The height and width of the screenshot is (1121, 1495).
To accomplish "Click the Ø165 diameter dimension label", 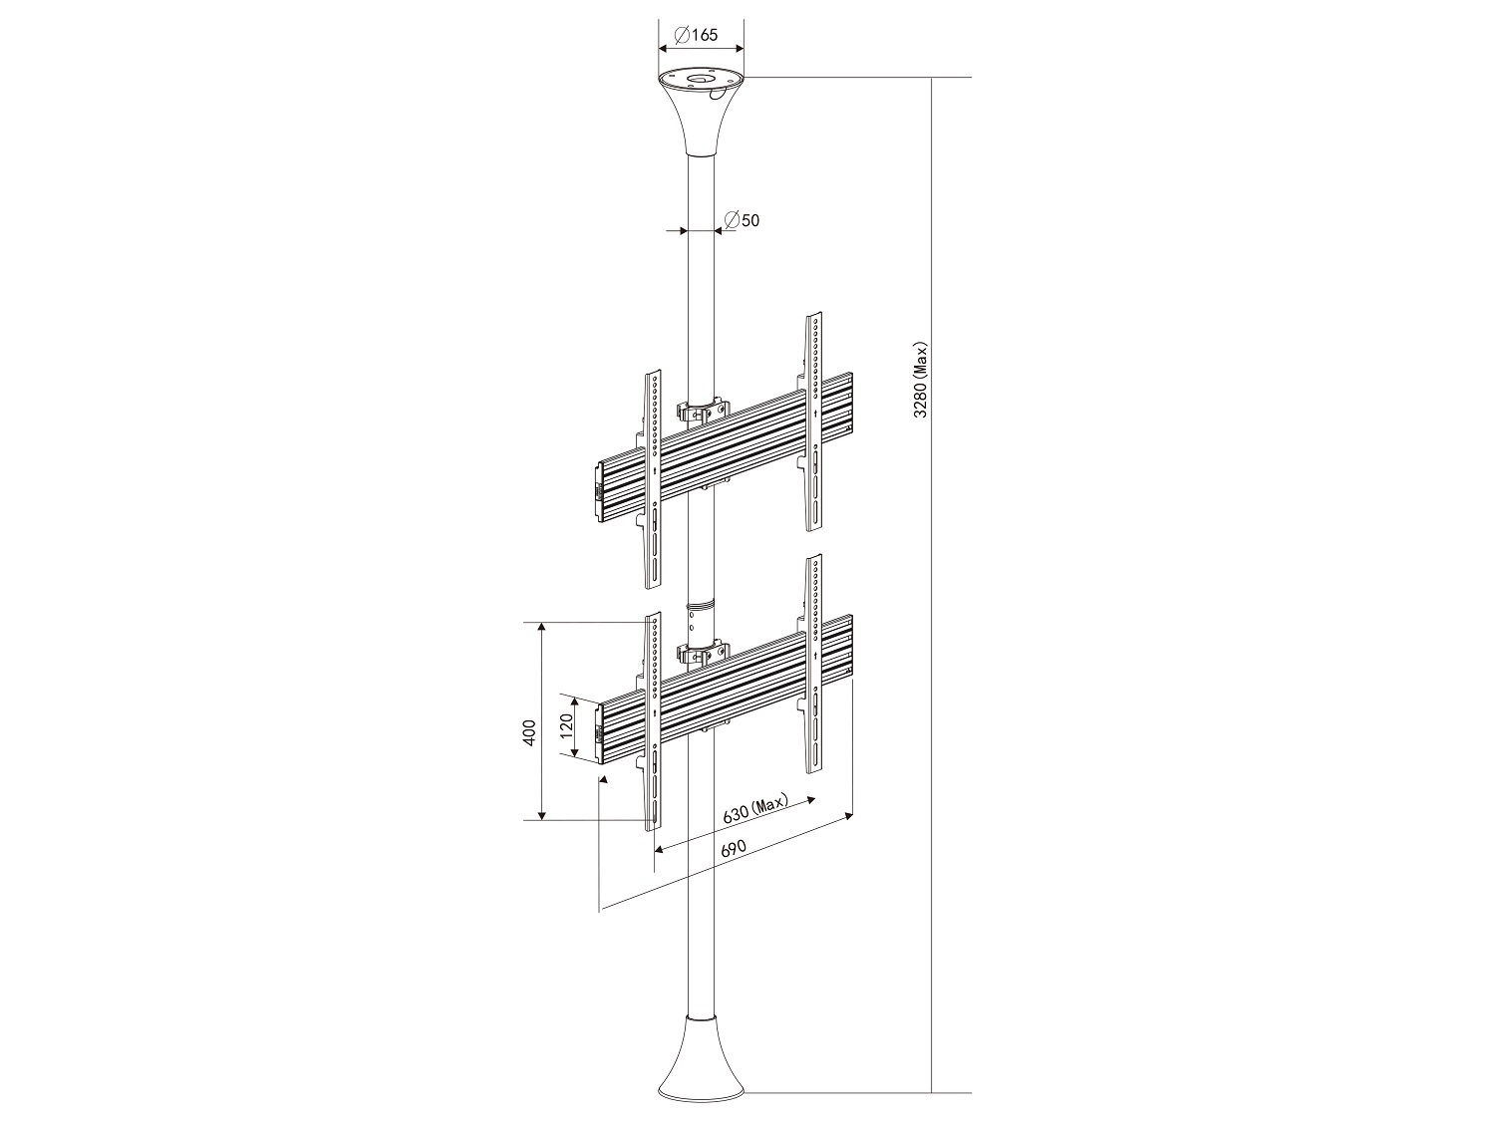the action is pyautogui.click(x=696, y=34).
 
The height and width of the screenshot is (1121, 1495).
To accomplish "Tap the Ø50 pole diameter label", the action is pyautogui.click(x=742, y=220).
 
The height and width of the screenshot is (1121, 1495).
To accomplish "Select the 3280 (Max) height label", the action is pyautogui.click(x=920, y=379).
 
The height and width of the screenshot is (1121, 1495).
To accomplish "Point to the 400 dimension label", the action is pyautogui.click(x=530, y=732).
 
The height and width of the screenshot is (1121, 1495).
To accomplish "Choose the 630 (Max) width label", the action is pyautogui.click(x=754, y=808).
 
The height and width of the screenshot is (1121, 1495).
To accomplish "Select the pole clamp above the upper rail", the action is pyautogui.click(x=702, y=410).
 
